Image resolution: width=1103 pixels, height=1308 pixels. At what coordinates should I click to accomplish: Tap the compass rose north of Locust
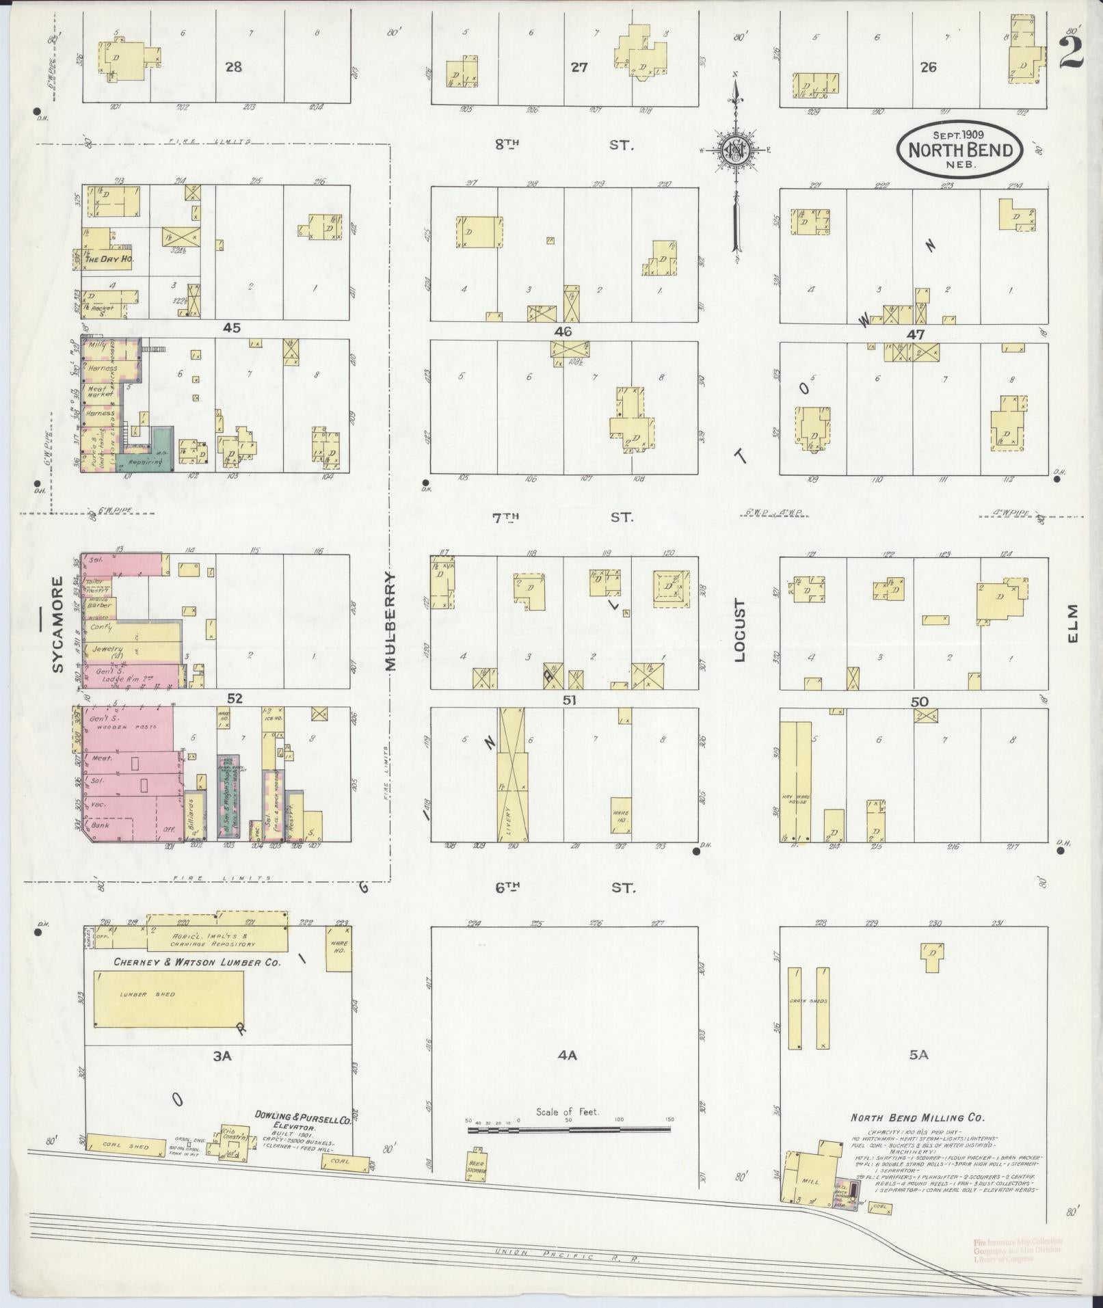736,150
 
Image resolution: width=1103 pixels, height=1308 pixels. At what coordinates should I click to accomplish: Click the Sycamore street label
57,624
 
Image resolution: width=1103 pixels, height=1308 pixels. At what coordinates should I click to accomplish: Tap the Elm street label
1072,622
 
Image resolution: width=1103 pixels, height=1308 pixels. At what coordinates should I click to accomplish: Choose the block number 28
234,67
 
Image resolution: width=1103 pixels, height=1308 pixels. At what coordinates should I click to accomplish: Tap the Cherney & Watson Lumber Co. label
197,961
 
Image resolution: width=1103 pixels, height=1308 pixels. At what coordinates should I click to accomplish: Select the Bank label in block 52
100,825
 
